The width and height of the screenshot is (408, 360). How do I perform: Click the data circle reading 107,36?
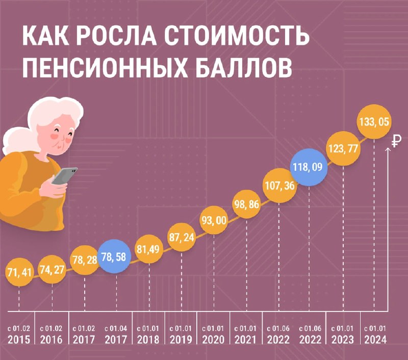[279, 186]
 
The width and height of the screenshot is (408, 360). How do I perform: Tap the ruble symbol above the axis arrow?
[396, 141]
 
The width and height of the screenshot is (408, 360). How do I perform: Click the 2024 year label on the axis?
[375, 340]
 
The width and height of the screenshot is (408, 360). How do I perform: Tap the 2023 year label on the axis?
[343, 340]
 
